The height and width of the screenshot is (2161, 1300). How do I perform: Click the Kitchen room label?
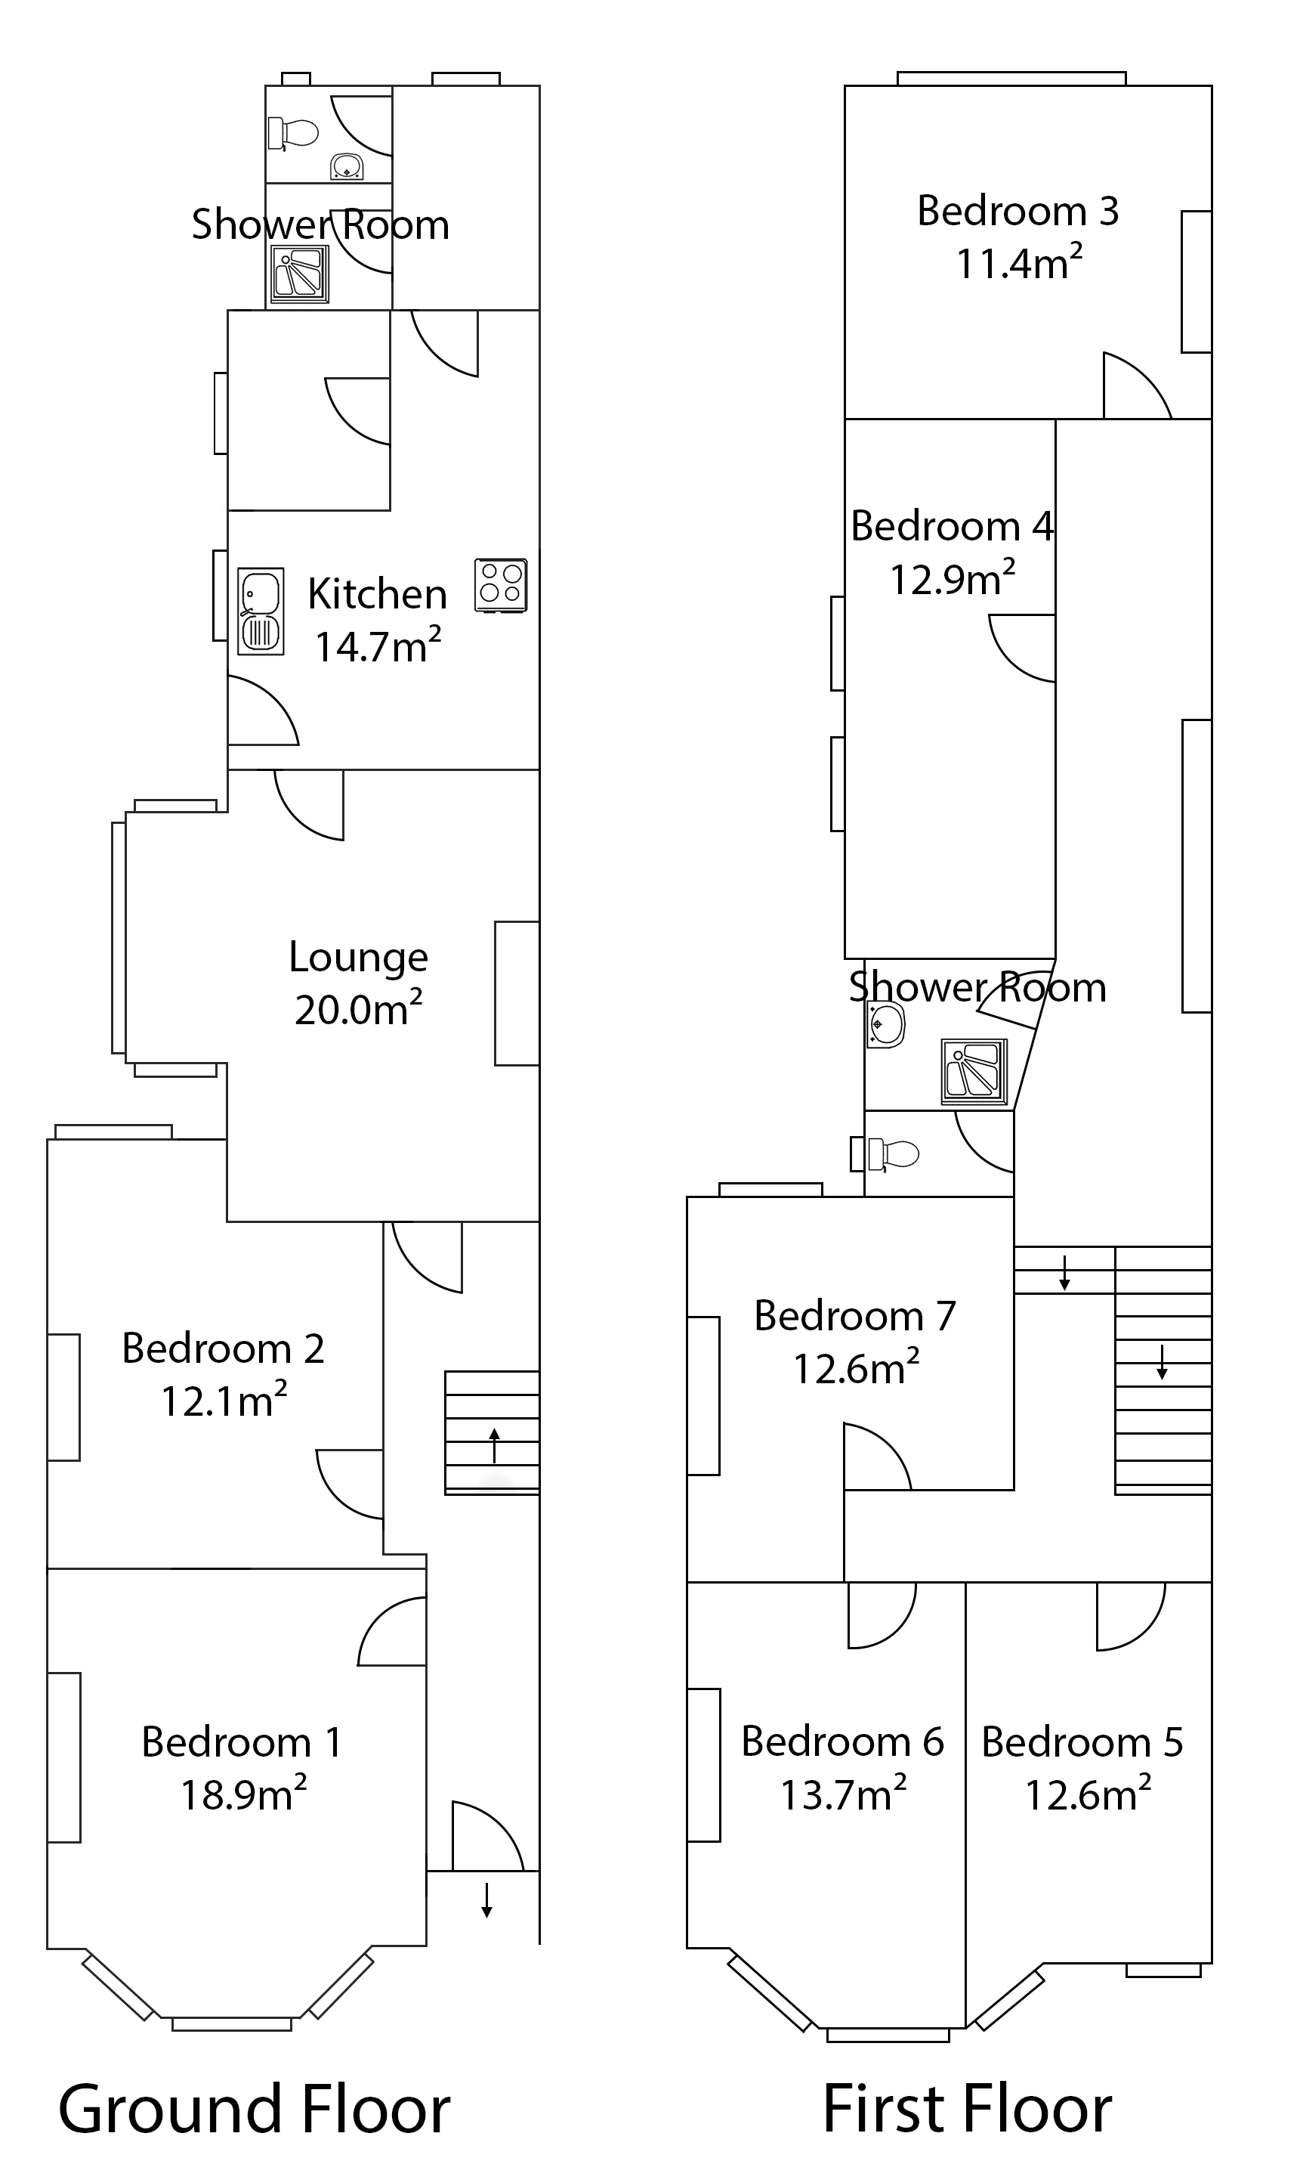pos(378,594)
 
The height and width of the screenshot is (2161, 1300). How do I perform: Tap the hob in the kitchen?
pos(501,584)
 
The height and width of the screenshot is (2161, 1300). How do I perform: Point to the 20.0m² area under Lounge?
pos(358,1008)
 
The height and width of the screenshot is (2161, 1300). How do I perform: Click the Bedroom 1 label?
pos(242,1741)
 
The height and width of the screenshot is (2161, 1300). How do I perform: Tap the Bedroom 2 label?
pos(224,1348)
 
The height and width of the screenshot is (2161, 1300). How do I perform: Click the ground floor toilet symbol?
pos(292,133)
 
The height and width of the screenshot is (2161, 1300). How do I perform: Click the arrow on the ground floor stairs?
pos(494,1445)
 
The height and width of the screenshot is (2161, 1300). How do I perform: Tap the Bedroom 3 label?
pos(1018,210)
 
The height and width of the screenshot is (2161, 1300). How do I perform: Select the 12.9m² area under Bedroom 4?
pos(953,578)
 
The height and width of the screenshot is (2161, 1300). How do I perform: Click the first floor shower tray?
pos(974,1072)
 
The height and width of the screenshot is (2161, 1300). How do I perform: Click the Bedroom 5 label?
pos(1082,1741)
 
